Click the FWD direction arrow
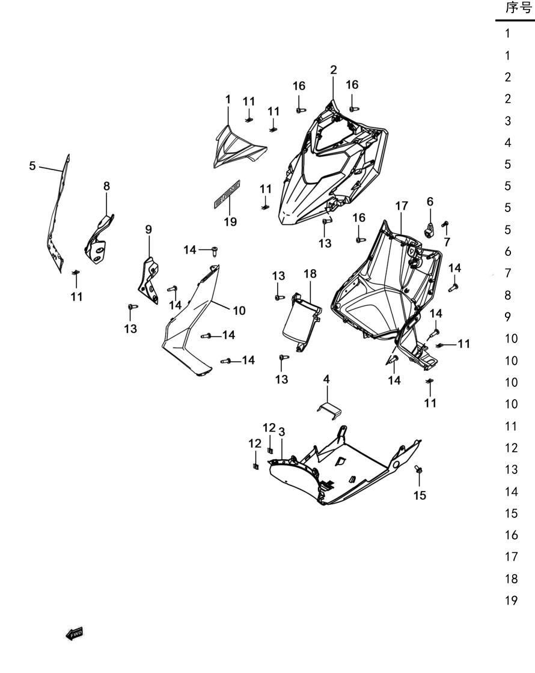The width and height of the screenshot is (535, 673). pyautogui.click(x=75, y=633)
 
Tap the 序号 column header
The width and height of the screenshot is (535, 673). pyautogui.click(x=518, y=8)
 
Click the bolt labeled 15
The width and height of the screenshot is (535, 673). pyautogui.click(x=418, y=469)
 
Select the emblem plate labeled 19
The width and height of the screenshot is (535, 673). pyautogui.click(x=227, y=195)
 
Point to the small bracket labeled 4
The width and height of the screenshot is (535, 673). pyautogui.click(x=329, y=411)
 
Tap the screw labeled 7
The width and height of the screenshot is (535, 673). pyautogui.click(x=445, y=224)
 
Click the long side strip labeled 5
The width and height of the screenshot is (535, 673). pyautogui.click(x=58, y=215)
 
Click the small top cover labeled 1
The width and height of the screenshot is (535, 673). pyautogui.click(x=239, y=147)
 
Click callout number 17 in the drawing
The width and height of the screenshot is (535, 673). pyautogui.click(x=402, y=206)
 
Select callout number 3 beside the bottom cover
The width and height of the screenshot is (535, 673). pyautogui.click(x=282, y=432)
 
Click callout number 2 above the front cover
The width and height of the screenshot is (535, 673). pyautogui.click(x=334, y=70)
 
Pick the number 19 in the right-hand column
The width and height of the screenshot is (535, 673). pyautogui.click(x=511, y=600)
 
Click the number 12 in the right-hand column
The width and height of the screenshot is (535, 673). pyautogui.click(x=511, y=448)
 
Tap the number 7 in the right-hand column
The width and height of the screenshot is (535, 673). pyautogui.click(x=508, y=273)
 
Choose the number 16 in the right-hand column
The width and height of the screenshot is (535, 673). pyautogui.click(x=511, y=535)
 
